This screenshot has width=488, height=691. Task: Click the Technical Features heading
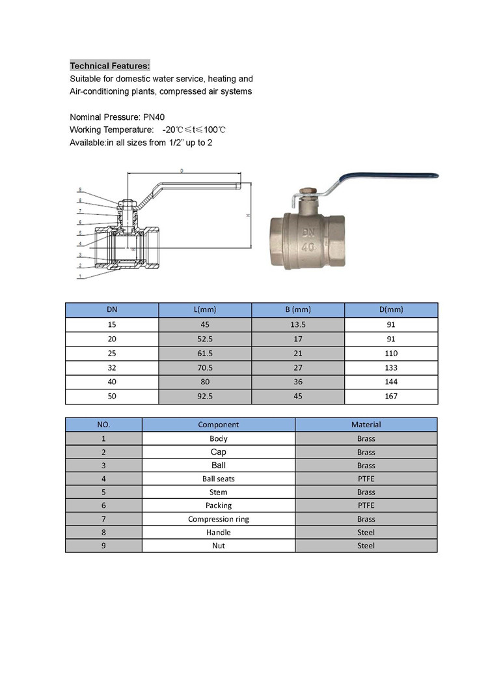click(110, 66)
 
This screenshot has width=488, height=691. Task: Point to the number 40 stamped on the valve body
click(310, 247)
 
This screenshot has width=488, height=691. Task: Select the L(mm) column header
click(205, 310)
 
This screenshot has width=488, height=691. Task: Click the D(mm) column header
click(391, 310)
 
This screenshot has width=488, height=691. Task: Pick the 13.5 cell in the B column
click(298, 324)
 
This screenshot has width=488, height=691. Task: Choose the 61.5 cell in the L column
click(205, 353)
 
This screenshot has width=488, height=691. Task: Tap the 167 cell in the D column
click(391, 396)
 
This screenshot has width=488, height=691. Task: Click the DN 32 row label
click(112, 367)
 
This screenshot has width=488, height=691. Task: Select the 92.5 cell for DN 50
click(205, 396)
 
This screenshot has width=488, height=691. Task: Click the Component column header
click(219, 425)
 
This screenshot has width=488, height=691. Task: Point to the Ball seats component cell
click(219, 479)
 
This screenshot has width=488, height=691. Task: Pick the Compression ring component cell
click(219, 519)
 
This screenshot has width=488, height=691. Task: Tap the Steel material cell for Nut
click(366, 546)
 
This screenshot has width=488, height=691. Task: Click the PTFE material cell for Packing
click(366, 505)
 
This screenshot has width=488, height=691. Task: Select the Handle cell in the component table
click(219, 532)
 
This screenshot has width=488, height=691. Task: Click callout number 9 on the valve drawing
click(80, 190)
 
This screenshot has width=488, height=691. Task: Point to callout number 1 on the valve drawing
click(80, 276)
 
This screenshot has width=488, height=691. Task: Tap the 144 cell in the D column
click(391, 382)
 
